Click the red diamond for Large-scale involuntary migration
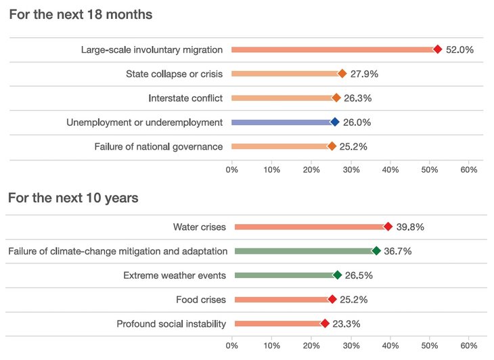(438, 49)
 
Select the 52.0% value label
(460, 49)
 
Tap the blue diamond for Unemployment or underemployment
(334, 122)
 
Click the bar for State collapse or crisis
(284, 74)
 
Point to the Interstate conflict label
(185, 98)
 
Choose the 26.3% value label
(357, 98)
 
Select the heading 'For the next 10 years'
(73, 198)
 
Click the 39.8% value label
(410, 227)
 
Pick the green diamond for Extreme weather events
(338, 275)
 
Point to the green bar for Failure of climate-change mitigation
(304, 251)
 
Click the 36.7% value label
(398, 251)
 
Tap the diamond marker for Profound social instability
(325, 324)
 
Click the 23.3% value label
(347, 324)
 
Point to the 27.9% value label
(364, 74)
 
